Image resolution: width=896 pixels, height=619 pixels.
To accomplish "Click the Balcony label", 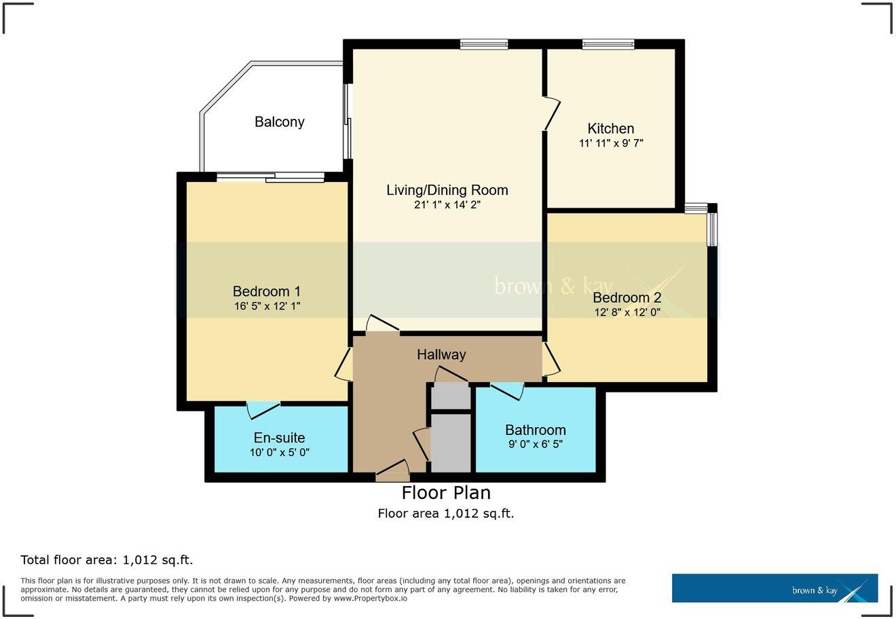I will [x=279, y=122].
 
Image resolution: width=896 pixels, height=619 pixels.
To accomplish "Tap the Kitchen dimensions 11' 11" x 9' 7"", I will [x=610, y=143].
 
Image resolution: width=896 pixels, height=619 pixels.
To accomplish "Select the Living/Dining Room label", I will [x=447, y=190].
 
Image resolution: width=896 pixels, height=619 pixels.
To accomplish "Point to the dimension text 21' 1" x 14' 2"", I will [x=447, y=204].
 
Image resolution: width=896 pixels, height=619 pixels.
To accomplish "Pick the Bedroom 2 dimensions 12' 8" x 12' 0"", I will [x=627, y=312].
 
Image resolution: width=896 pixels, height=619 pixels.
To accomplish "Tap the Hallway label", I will [x=441, y=354].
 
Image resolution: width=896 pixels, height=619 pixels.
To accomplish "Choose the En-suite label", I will [x=279, y=438].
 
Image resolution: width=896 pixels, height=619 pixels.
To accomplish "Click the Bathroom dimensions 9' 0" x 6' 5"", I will [x=535, y=445].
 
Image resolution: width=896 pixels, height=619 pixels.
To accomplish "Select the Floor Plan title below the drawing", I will [x=446, y=492].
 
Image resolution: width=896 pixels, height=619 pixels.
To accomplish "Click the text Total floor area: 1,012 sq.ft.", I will [x=107, y=560].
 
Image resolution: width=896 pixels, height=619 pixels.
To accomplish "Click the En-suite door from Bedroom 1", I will [x=263, y=409].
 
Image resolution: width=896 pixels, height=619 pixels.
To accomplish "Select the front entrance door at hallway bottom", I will [x=393, y=470].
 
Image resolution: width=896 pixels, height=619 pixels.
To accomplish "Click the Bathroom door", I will [x=506, y=390].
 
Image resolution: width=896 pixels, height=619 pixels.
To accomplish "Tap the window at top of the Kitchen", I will [x=608, y=45].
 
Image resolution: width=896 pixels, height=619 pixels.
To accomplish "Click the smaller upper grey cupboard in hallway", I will [x=451, y=396].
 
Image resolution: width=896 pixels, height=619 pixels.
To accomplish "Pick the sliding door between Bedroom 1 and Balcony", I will [x=271, y=178].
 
